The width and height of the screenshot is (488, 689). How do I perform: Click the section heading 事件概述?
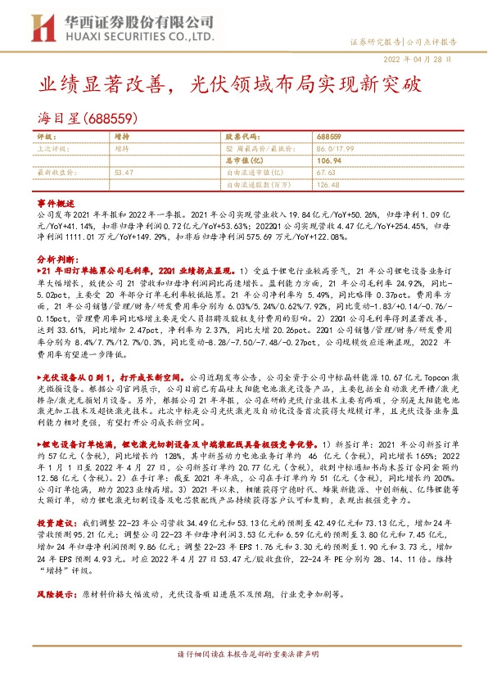[x=56, y=202]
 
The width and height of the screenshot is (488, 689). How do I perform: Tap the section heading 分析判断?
[x=56, y=256]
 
